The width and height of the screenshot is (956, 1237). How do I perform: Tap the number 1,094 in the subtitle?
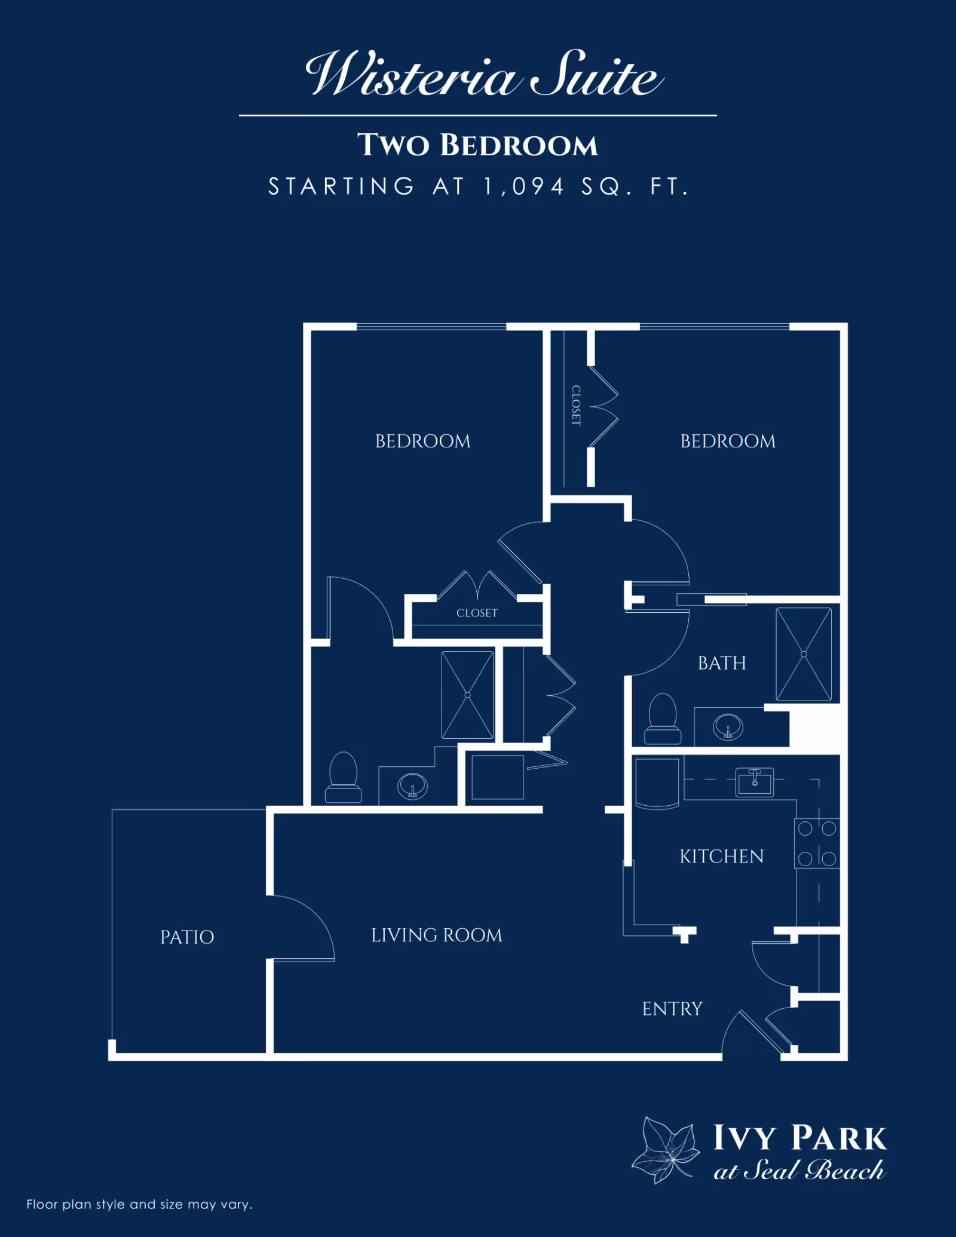coord(524,186)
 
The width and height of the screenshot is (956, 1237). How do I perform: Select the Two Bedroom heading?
coord(477,145)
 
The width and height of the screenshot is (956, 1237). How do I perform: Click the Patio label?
coord(187,937)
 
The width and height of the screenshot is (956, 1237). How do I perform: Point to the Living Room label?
coord(436,935)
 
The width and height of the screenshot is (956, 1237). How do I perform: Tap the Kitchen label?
coord(721,857)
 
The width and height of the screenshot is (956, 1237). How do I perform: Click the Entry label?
coord(672,1009)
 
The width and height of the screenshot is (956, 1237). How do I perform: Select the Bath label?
coord(722,663)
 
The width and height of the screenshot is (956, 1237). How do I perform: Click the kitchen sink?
coord(754,782)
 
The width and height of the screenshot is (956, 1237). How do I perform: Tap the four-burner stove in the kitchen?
coord(817,843)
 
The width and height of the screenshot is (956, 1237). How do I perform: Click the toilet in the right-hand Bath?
coord(663,719)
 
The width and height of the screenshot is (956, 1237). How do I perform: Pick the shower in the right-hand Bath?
coord(803,654)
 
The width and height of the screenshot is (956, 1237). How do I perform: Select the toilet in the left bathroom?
coord(343,777)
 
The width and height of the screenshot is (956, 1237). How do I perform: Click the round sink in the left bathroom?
coord(412,786)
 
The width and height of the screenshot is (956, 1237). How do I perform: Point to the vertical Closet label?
coord(576,405)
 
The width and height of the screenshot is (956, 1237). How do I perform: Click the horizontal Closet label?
coord(477,613)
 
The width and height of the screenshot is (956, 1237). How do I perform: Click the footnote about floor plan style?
coord(139,1204)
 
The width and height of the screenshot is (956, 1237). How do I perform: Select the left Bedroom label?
coord(422,441)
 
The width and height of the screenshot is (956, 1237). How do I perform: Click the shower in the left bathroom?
coord(467,695)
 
